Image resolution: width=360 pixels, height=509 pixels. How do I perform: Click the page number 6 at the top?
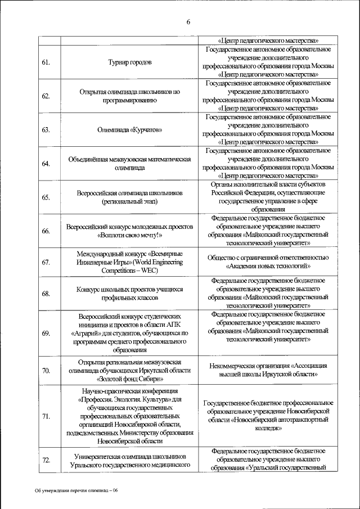tap(188, 22)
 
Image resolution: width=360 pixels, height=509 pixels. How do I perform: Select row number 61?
tap(46, 62)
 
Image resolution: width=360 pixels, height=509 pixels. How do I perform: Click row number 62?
tap(46, 96)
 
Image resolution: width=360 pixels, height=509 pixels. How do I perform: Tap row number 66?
tap(46, 231)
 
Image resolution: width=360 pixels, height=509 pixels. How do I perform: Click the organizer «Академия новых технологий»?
tap(268, 265)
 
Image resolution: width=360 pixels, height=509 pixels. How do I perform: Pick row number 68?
tap(46, 294)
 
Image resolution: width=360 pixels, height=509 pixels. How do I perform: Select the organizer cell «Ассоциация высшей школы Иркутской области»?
tap(268, 370)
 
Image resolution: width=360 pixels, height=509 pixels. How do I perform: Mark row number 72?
tap(46, 460)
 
